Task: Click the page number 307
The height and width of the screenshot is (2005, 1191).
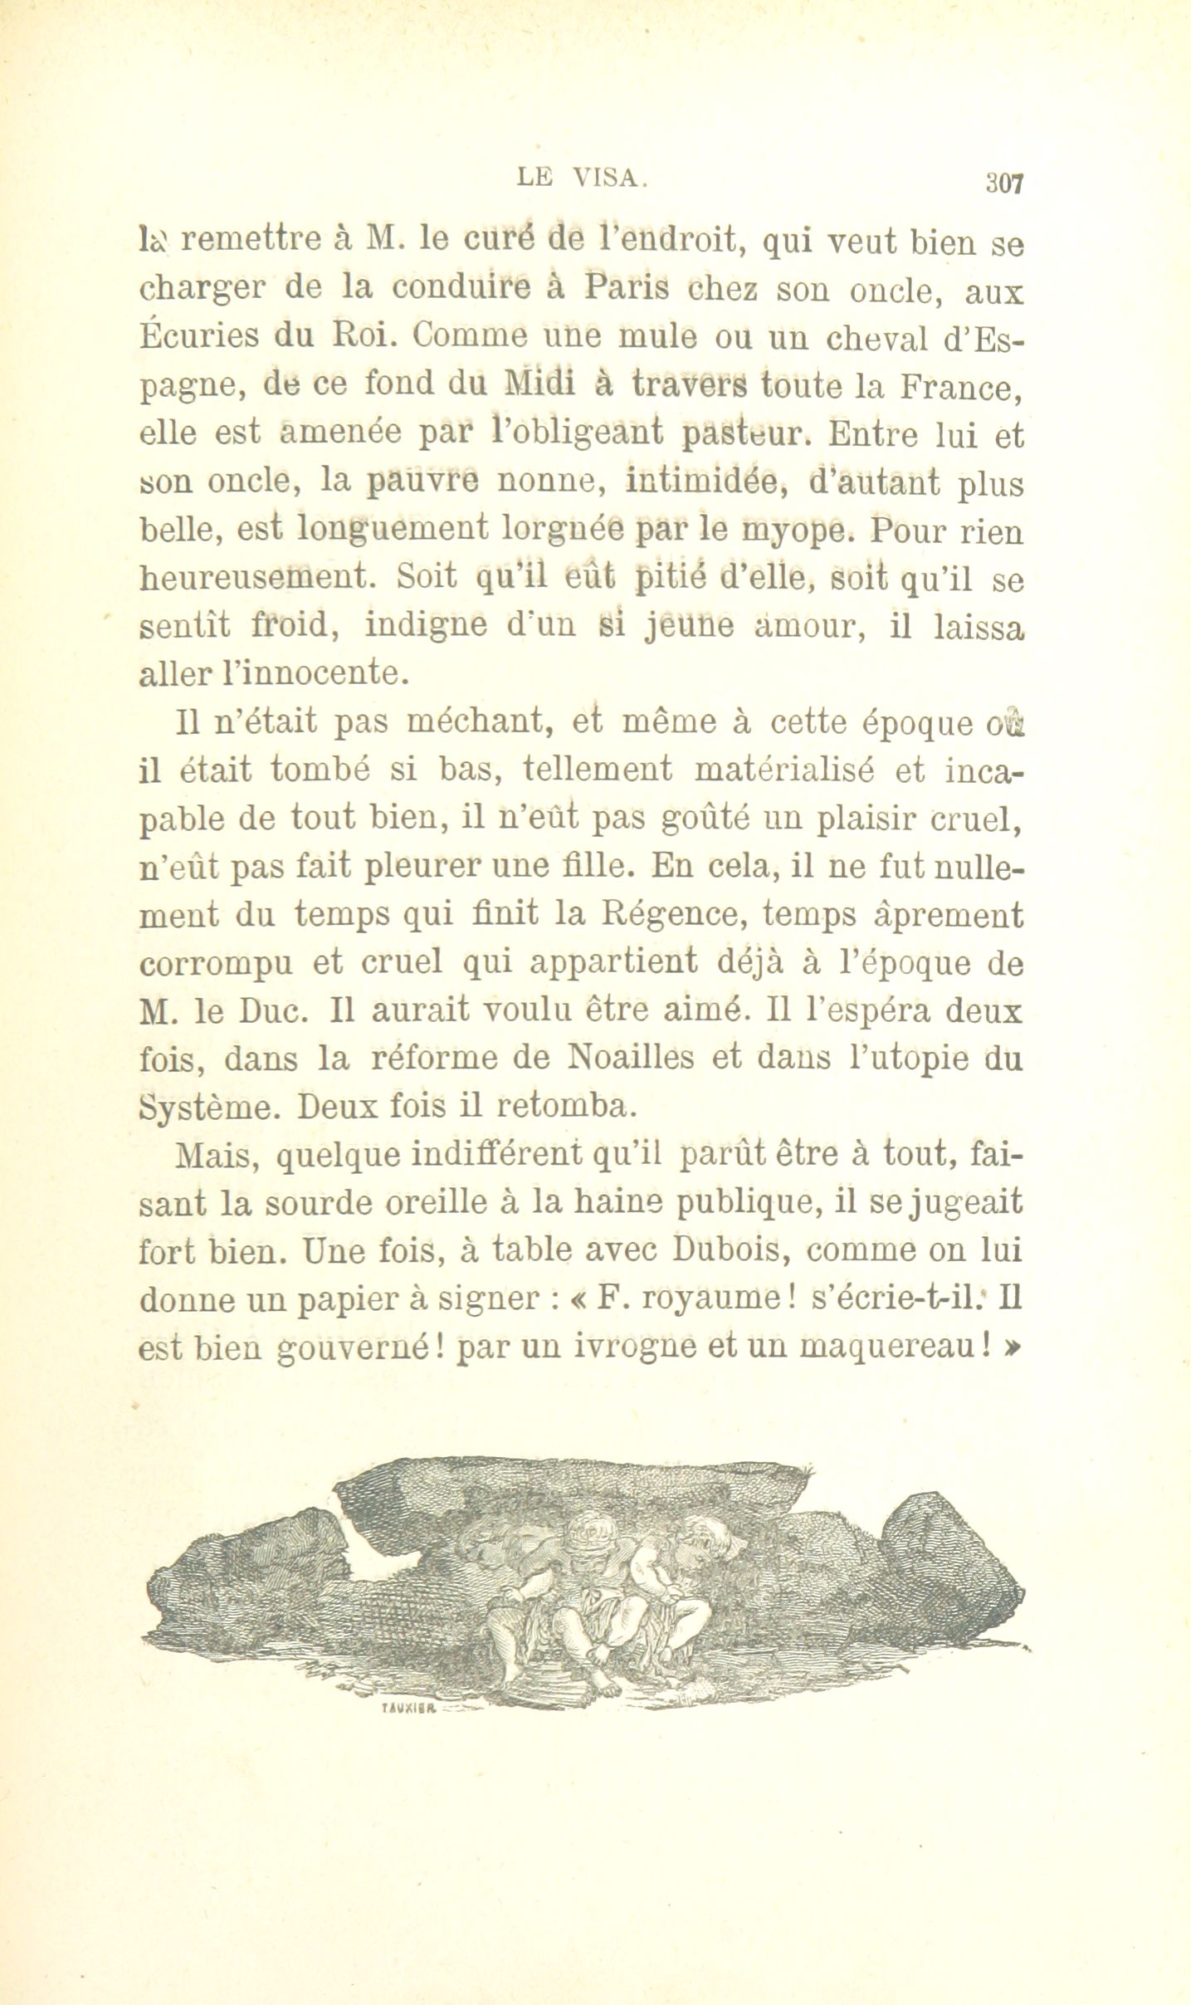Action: point(1004,183)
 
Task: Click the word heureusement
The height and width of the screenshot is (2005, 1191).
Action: point(254,576)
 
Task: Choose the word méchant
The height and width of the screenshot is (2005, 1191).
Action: point(481,721)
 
